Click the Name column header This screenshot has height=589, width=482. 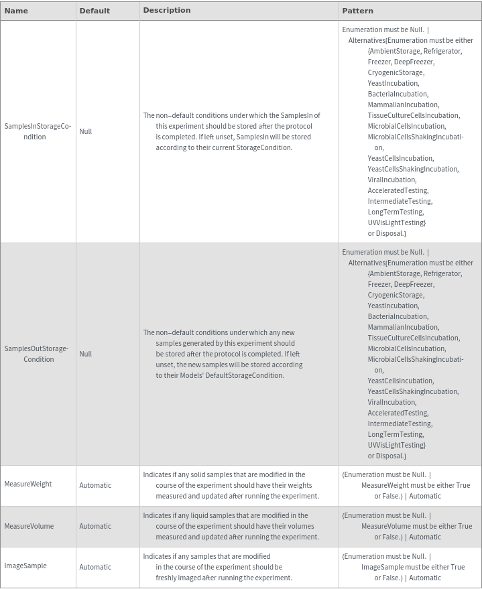pyautogui.click(x=16, y=11)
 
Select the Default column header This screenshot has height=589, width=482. pyautogui.click(x=95, y=11)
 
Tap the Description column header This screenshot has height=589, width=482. pyautogui.click(x=167, y=10)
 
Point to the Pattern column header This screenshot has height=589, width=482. pyautogui.click(x=357, y=11)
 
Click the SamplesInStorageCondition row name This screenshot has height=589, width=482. pyautogui.click(x=38, y=131)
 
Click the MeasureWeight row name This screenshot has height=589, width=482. pyautogui.click(x=28, y=484)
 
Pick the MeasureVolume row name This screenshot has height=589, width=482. pyautogui.click(x=29, y=526)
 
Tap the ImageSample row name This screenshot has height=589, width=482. pyautogui.click(x=25, y=566)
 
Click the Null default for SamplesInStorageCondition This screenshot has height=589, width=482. pyautogui.click(x=86, y=131)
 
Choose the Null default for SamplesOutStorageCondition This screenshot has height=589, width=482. pyautogui.click(x=86, y=354)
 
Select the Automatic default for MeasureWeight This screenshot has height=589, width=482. pyautogui.click(x=95, y=485)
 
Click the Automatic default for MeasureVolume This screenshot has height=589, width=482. pyautogui.click(x=95, y=527)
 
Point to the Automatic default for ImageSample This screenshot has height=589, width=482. pyautogui.click(x=95, y=567)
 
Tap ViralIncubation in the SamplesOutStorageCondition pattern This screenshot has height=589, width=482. pyautogui.click(x=391, y=402)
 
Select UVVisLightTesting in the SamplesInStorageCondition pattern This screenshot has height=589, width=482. pyautogui.click(x=396, y=222)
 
